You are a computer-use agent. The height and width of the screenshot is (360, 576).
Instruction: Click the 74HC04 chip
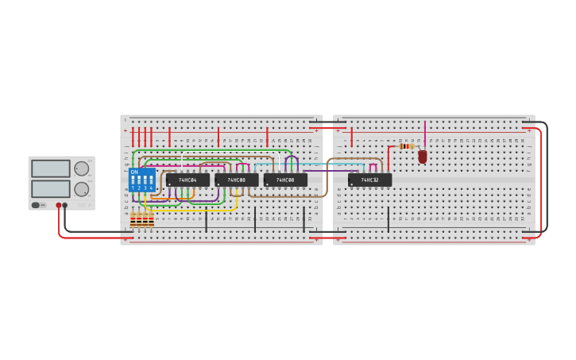(x=187, y=180)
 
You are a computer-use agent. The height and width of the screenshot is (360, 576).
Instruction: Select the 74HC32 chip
(x=369, y=180)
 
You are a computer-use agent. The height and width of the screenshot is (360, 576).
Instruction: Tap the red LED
(x=423, y=157)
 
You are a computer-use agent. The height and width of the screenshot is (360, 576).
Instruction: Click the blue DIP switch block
(x=141, y=180)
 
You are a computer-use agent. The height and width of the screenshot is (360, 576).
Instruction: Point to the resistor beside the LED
(x=406, y=146)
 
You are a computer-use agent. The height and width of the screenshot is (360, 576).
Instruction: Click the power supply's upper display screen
(x=51, y=168)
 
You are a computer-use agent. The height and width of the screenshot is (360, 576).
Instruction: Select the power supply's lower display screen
(x=51, y=189)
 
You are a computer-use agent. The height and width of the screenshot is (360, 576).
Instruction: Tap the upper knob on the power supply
(x=82, y=168)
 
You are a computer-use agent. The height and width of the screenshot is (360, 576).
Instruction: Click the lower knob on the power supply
(x=82, y=189)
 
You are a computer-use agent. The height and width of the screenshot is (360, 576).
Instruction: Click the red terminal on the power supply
(x=58, y=205)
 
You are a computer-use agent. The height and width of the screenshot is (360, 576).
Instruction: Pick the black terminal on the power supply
(x=65, y=205)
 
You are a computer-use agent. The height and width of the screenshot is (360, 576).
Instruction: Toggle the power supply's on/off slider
(x=37, y=205)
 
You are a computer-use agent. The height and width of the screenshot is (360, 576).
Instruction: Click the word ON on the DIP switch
(x=134, y=172)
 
